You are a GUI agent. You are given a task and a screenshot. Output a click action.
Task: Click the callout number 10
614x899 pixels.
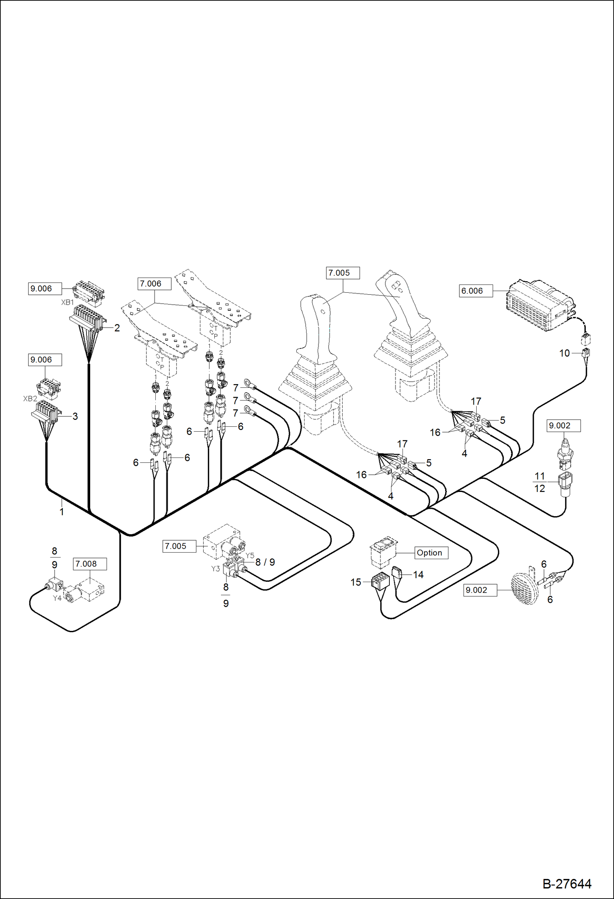[564, 353]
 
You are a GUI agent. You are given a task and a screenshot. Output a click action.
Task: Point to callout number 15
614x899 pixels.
[355, 582]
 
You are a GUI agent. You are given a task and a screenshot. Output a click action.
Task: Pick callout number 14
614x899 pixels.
[418, 575]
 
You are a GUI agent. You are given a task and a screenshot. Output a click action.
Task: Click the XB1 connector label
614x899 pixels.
[67, 303]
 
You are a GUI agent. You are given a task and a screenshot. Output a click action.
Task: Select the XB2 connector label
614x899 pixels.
[30, 398]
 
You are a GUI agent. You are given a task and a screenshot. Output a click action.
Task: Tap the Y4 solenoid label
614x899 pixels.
[57, 598]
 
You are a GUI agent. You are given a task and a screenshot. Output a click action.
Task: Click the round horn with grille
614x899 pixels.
[525, 589]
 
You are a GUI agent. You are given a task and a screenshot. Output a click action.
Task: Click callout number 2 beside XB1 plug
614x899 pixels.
[117, 328]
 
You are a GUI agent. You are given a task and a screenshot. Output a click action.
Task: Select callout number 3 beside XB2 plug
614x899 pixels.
[75, 416]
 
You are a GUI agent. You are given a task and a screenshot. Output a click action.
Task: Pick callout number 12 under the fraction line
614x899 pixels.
[539, 489]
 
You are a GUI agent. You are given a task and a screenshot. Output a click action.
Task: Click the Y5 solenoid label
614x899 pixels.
[250, 555]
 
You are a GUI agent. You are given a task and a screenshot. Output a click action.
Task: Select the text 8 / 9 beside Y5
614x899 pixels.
[265, 562]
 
